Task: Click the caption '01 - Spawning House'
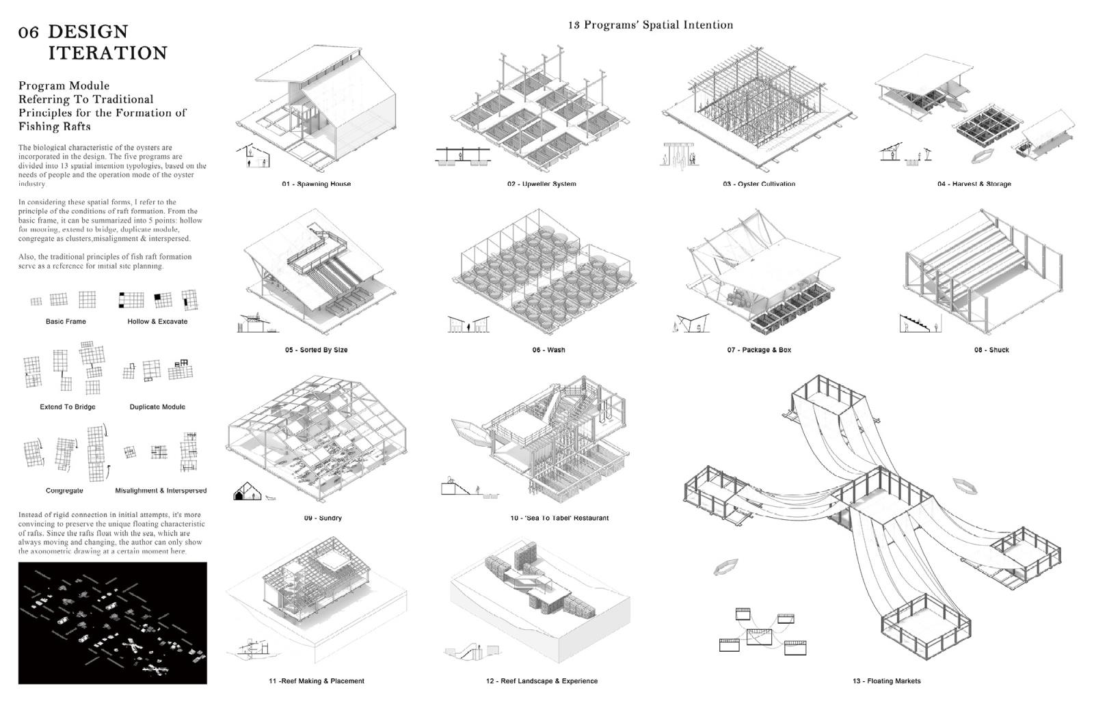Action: click(x=316, y=184)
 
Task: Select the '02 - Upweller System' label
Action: click(x=542, y=184)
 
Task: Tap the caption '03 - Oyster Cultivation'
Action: click(x=759, y=184)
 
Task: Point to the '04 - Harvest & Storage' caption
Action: click(x=974, y=184)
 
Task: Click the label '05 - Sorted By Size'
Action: click(x=316, y=350)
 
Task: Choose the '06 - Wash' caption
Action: click(x=548, y=350)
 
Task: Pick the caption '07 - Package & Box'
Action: click(x=759, y=350)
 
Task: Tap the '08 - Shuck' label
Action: click(x=991, y=350)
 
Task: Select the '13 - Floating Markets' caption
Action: click(x=886, y=681)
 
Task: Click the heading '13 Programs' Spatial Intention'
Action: click(x=650, y=25)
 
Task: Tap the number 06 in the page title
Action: click(x=29, y=33)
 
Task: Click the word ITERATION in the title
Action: click(x=107, y=53)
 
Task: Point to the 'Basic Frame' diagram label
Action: click(x=66, y=321)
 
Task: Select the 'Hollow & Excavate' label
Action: click(x=157, y=321)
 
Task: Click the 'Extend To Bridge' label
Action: click(x=68, y=406)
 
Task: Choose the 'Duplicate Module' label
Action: click(x=157, y=406)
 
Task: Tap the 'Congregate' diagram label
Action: click(x=64, y=491)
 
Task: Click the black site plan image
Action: click(x=112, y=623)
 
